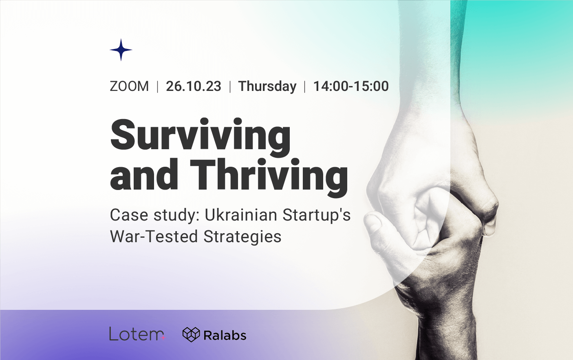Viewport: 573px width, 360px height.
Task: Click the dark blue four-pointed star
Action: [x=121, y=50]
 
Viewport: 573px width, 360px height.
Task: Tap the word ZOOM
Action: [x=129, y=86]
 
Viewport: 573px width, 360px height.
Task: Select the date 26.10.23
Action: [x=194, y=86]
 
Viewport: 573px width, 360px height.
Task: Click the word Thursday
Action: [x=267, y=86]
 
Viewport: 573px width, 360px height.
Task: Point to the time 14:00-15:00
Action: [x=351, y=86]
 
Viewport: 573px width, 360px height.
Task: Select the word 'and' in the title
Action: [x=144, y=175]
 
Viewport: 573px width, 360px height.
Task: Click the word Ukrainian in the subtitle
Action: [x=241, y=215]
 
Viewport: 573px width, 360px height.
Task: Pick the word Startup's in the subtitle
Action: [x=316, y=216]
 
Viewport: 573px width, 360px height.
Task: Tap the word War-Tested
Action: [x=154, y=236]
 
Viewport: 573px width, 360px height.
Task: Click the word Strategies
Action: [x=242, y=237]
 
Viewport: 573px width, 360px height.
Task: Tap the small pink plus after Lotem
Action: [x=163, y=338]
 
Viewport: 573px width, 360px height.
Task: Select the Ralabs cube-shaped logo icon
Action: [x=191, y=334]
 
